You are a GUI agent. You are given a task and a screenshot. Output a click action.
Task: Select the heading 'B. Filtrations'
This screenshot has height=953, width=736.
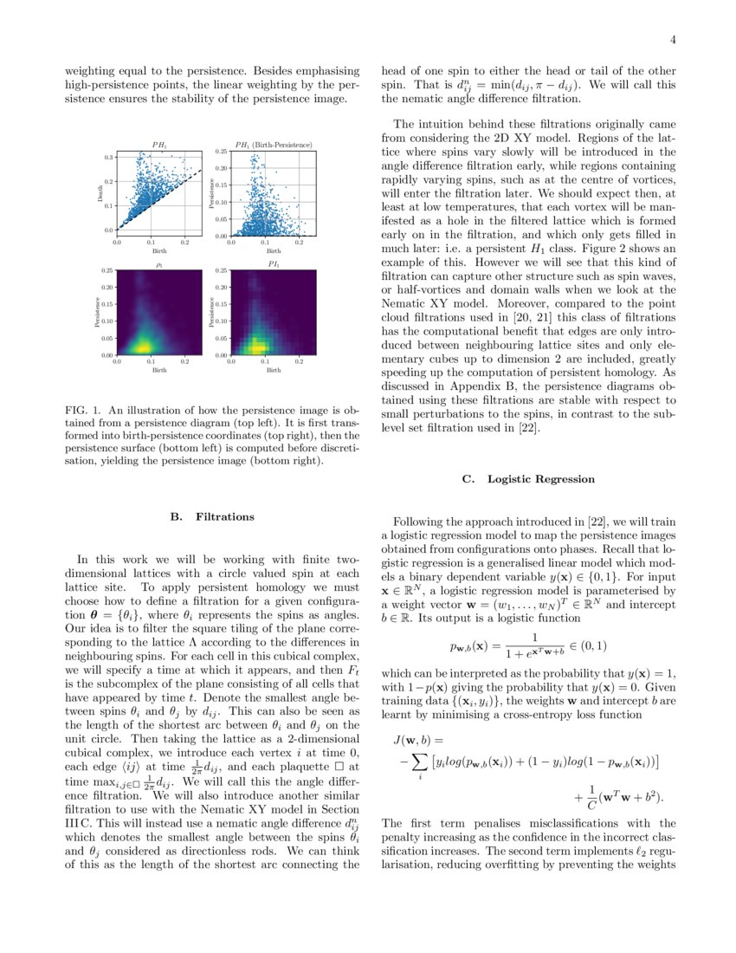pos(212,516)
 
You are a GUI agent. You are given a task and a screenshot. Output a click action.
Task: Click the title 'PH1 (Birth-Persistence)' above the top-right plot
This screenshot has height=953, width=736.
pos(274,144)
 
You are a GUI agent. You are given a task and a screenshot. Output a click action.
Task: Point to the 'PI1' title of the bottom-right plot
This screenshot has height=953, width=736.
pos(274,263)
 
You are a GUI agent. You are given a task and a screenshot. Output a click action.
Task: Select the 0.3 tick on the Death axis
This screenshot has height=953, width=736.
pos(110,158)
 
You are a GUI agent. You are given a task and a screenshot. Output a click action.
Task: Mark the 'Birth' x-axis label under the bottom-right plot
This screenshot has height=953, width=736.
pos(274,370)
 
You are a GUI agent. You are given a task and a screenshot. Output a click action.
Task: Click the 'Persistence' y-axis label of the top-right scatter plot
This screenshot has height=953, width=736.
pos(210,193)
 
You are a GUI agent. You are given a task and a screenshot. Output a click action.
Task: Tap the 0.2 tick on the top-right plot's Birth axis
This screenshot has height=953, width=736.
pos(299,243)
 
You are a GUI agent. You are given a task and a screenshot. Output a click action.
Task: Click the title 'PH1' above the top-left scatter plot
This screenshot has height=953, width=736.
pos(159,144)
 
